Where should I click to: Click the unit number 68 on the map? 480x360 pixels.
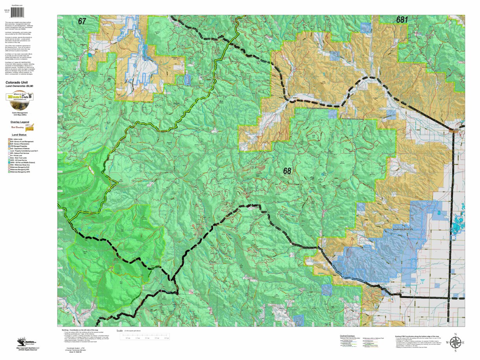[x=287, y=171]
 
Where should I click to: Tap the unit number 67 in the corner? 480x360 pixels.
[x=82, y=22]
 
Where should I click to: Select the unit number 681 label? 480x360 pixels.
[x=402, y=20]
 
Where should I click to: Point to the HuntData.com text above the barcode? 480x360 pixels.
[x=17, y=5]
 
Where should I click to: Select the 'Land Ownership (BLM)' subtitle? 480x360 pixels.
[x=19, y=86]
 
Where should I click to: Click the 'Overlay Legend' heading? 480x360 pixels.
[x=19, y=122]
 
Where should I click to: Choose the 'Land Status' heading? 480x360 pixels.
[x=19, y=135]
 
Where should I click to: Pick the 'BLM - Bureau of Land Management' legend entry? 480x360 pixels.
[x=21, y=141]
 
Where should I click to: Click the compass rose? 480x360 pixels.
[x=455, y=343]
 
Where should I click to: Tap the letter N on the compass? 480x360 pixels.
[x=455, y=334]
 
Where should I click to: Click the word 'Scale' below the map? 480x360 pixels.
[x=120, y=331]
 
